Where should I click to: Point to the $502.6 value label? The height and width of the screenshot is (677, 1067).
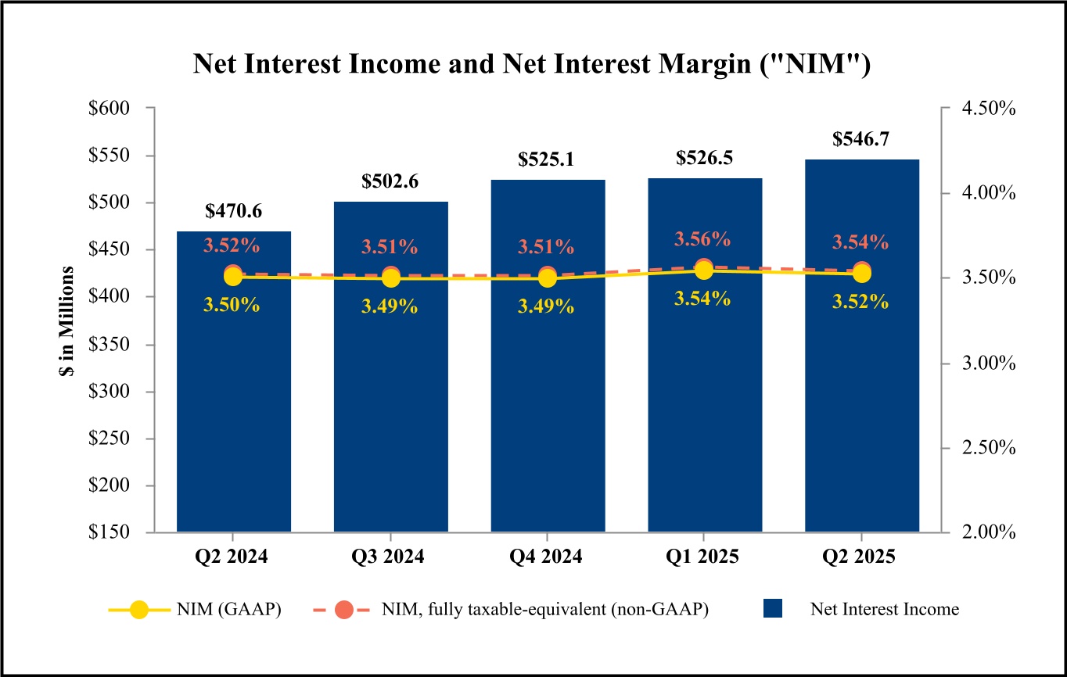[390, 181]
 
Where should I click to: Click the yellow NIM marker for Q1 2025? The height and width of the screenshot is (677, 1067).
[704, 270]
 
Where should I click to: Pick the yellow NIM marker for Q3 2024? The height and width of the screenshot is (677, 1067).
[390, 278]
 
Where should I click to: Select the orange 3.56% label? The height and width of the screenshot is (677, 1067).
[702, 239]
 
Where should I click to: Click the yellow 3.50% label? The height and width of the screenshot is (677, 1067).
[232, 305]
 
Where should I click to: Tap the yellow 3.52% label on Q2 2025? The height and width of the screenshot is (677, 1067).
[860, 302]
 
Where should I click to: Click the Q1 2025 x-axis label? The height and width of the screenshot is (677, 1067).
[702, 557]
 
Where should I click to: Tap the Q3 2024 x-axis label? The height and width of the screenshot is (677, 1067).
[389, 557]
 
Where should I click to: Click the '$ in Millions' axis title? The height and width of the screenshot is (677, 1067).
[67, 321]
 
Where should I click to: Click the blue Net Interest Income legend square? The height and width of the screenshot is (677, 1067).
[772, 610]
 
